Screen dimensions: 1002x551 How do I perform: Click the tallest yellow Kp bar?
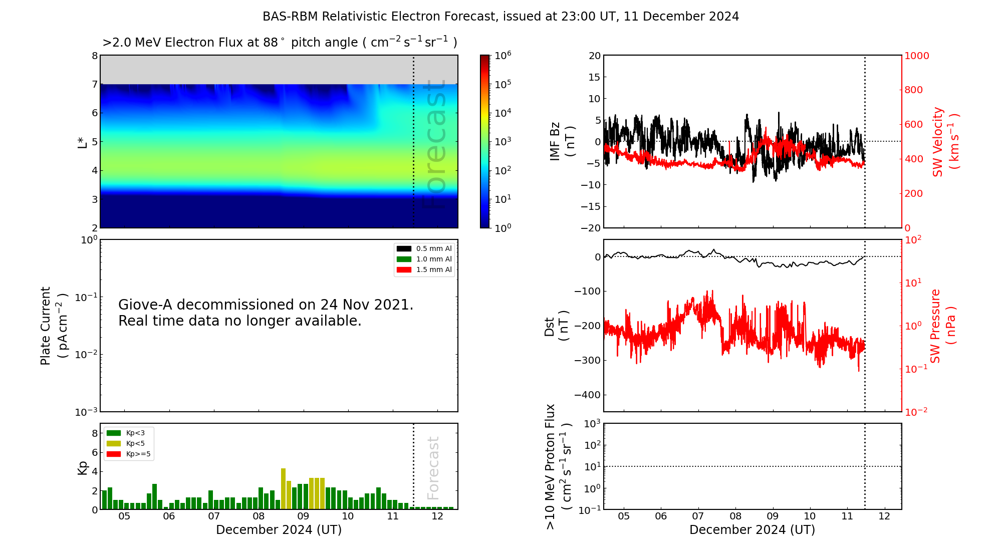pyautogui.click(x=283, y=489)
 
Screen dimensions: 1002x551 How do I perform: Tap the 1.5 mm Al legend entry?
pyautogui.click(x=424, y=269)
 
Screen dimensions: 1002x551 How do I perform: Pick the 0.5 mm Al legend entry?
pyautogui.click(x=424, y=248)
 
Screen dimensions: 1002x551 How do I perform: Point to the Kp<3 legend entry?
pyautogui.click(x=126, y=433)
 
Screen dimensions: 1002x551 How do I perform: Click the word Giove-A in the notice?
pyautogui.click(x=146, y=305)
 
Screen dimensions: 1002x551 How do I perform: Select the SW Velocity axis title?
pyautogui.click(x=945, y=142)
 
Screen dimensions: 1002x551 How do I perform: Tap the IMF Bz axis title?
pyautogui.click(x=562, y=141)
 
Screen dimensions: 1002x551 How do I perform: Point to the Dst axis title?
pyautogui.click(x=556, y=326)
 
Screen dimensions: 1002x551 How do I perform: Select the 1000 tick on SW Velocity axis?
pyautogui.click(x=917, y=56)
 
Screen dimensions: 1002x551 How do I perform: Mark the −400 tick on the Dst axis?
pyautogui.click(x=587, y=395)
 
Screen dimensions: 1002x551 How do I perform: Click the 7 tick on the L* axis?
pyautogui.click(x=95, y=84)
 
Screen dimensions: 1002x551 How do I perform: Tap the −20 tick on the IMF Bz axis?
pyautogui.click(x=591, y=228)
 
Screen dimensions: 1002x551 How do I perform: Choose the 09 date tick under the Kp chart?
pyautogui.click(x=303, y=516)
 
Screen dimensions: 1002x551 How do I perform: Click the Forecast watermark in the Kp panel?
pyautogui.click(x=433, y=468)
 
